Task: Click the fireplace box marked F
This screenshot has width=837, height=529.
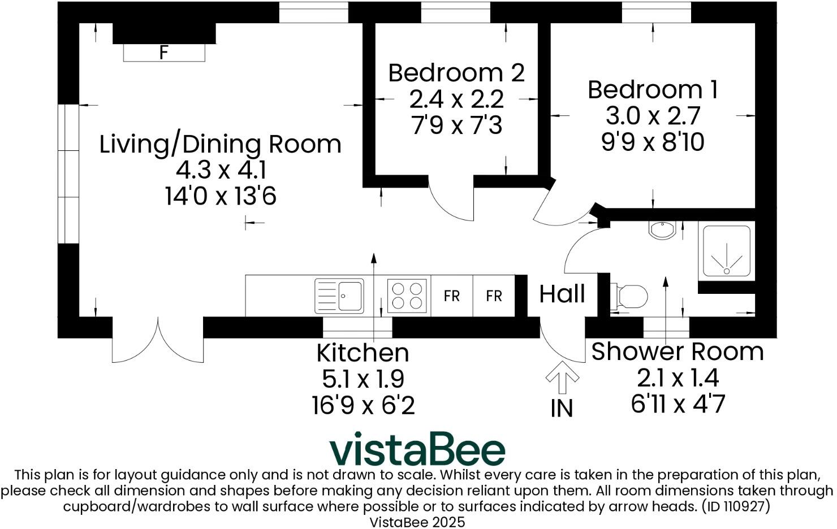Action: point(164,53)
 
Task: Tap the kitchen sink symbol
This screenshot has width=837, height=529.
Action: point(339,296)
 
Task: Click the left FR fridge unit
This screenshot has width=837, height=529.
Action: point(451,296)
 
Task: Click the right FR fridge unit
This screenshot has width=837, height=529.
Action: point(494,296)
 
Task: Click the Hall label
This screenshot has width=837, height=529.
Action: point(562,294)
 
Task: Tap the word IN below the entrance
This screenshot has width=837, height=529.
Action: point(562,409)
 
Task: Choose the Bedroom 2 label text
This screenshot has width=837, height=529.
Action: point(456,73)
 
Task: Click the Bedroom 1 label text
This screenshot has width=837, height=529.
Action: point(653,90)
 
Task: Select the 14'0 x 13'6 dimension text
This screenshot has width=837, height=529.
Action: point(221,197)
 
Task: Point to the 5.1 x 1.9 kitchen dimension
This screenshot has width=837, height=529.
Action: point(363,379)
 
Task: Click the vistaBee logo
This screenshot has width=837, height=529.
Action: point(417,450)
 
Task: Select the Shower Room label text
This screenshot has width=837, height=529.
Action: point(677,352)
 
